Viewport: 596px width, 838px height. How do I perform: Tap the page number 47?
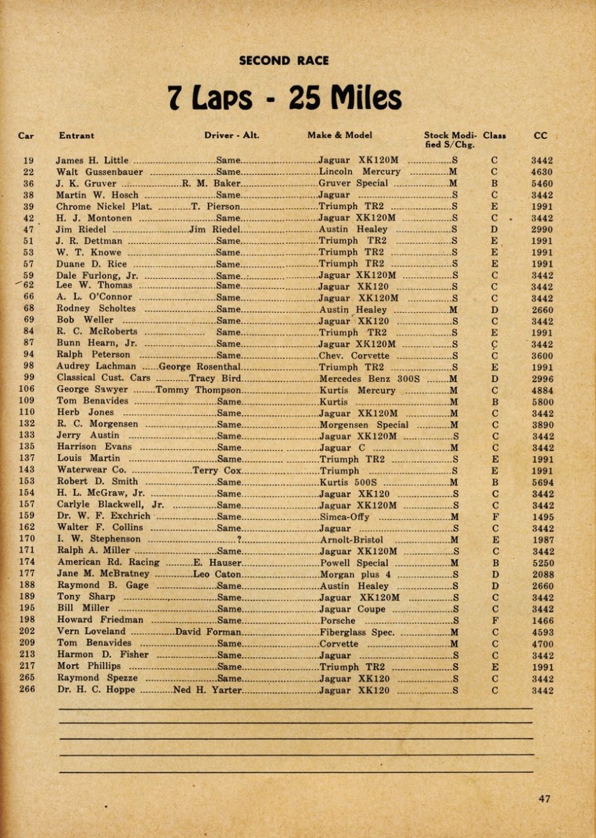tap(545, 799)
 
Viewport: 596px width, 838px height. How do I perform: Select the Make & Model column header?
tap(340, 135)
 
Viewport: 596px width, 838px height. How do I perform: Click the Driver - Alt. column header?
tap(232, 135)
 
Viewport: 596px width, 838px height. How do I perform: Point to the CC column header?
tap(540, 135)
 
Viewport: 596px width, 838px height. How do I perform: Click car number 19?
tap(29, 160)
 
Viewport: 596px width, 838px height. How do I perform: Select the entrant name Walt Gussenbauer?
tap(100, 172)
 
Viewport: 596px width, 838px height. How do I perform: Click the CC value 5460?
tap(542, 184)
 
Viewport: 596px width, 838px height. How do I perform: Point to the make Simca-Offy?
tap(344, 517)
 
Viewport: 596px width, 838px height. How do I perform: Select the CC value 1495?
tap(542, 517)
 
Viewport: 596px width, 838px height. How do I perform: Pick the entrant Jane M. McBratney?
tap(103, 575)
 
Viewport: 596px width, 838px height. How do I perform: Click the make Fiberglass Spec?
tap(357, 632)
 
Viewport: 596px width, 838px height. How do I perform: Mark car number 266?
tap(27, 691)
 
